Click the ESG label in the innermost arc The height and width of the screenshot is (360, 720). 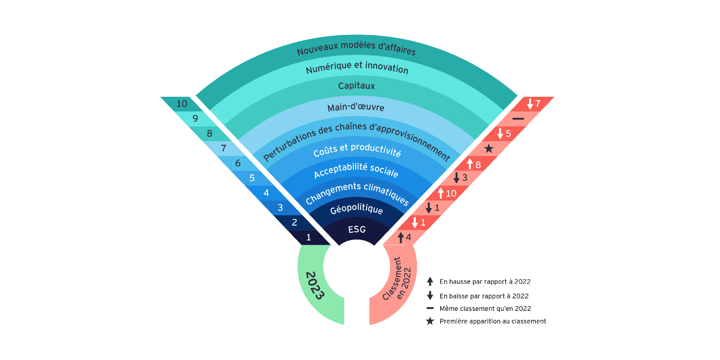coord(357,229)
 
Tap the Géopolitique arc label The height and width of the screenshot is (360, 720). coord(357,209)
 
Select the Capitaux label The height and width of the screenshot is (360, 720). coord(357,86)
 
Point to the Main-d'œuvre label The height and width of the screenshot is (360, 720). coord(356,108)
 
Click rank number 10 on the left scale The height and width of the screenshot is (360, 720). coord(182,104)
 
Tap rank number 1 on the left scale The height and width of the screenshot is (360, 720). coord(309,237)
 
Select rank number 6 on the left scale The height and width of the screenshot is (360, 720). coord(238,163)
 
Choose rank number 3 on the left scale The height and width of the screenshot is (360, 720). coord(280,208)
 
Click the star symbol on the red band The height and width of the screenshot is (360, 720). coord(489,149)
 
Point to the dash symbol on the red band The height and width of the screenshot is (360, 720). coord(518,118)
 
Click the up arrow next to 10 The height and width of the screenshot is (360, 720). coord(441,193)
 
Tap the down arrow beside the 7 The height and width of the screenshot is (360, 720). coord(530,103)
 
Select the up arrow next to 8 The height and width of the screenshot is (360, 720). coord(469,164)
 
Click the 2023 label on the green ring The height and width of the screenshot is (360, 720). coord(315,286)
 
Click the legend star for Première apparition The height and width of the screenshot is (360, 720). coord(430,321)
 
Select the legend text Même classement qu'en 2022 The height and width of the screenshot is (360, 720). coord(485,309)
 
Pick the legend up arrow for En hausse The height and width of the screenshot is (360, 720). coord(430,281)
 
